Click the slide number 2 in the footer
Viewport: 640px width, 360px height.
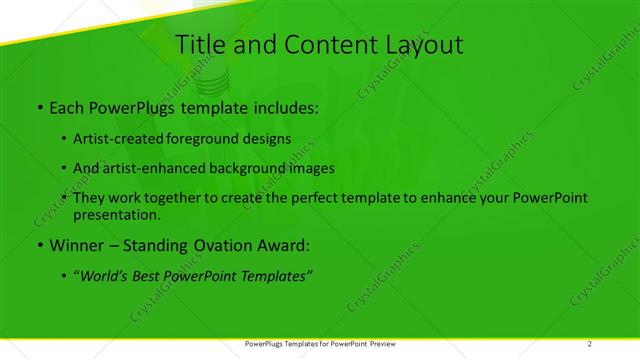(x=590, y=343)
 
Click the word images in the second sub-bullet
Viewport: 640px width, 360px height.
(x=310, y=168)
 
